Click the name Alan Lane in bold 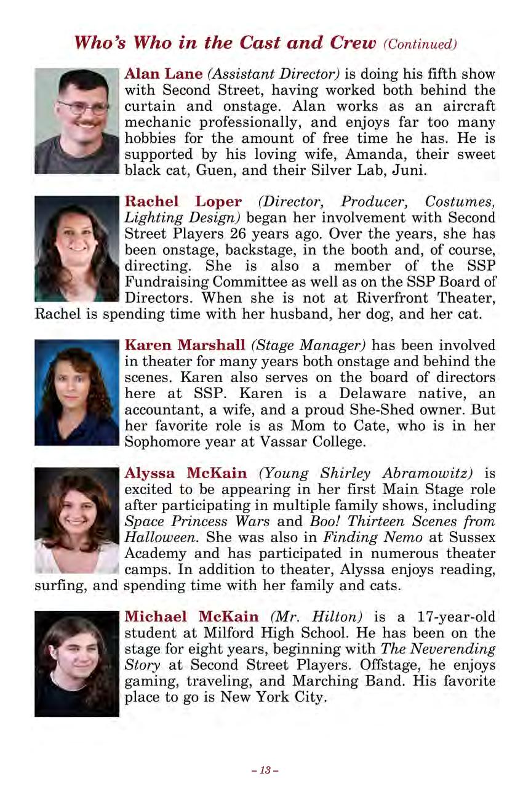[164, 74]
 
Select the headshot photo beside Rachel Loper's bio [76, 249]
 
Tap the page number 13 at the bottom [265, 770]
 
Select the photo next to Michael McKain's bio [76, 663]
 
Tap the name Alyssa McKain [186, 474]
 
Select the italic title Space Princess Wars [195, 522]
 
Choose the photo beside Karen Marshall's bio [76, 393]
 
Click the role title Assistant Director [274, 74]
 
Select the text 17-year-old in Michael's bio [456, 617]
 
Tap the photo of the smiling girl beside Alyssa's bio [76, 520]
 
